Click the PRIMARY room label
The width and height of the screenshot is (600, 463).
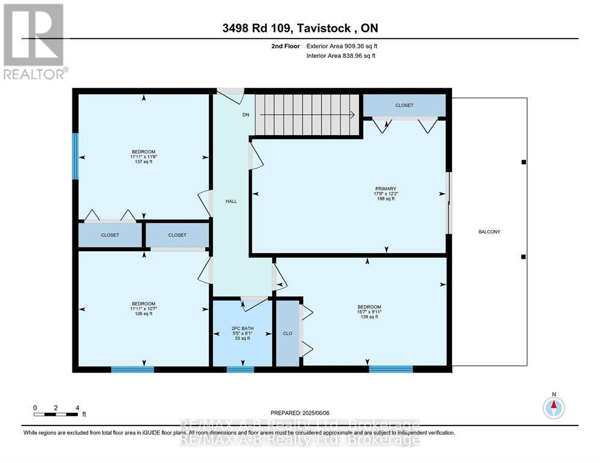point(386,188)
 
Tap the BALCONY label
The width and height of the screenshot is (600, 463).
point(489,232)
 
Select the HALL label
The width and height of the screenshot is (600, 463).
point(231,201)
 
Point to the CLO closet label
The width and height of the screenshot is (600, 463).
point(287,333)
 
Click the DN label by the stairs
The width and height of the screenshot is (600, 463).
point(245,115)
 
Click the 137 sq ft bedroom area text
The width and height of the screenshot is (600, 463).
point(144,162)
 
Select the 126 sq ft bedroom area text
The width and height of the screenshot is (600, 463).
point(144,314)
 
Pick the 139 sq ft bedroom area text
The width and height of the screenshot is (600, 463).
point(369,317)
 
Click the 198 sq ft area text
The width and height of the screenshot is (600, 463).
point(386,198)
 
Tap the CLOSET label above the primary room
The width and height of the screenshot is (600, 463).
point(404,106)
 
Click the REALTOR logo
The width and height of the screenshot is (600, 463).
point(34,42)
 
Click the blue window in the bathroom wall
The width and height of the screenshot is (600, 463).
point(240,369)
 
